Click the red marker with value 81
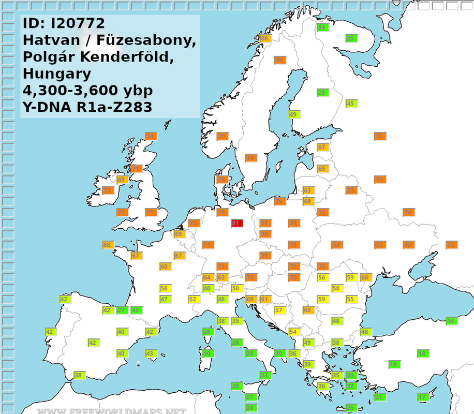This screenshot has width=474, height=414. click(x=236, y=223)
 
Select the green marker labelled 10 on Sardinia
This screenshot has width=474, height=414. click(x=208, y=353)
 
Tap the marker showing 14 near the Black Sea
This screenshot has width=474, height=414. click(x=451, y=321)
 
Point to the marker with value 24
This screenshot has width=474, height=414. click(x=250, y=408)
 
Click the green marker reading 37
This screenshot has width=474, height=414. click(x=122, y=310)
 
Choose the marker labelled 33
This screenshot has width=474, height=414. click(x=136, y=310)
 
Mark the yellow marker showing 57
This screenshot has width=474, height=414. click(x=279, y=310)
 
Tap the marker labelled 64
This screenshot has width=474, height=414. click(x=208, y=277)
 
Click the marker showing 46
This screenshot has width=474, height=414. click(x=208, y=288)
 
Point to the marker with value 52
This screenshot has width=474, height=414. click(x=193, y=299)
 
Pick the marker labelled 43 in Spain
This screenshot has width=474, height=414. click(x=150, y=353)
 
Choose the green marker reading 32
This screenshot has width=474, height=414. click(x=351, y=386)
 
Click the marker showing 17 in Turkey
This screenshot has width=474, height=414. click(x=423, y=397)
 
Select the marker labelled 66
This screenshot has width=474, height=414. click(x=365, y=277)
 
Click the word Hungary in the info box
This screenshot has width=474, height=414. click(x=57, y=73)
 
